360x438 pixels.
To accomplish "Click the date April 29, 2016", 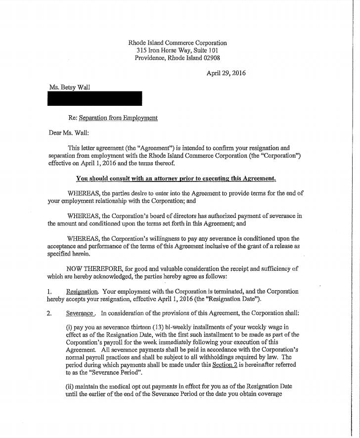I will point(226,73).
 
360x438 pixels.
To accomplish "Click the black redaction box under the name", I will point(94,98).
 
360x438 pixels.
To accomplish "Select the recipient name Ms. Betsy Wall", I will point(70,87).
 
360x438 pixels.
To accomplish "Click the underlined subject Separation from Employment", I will point(118,118).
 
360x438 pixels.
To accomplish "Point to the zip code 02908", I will point(210,58).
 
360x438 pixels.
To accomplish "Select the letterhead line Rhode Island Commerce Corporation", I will point(178,43).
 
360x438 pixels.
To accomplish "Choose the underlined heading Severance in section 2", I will point(80,313).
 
